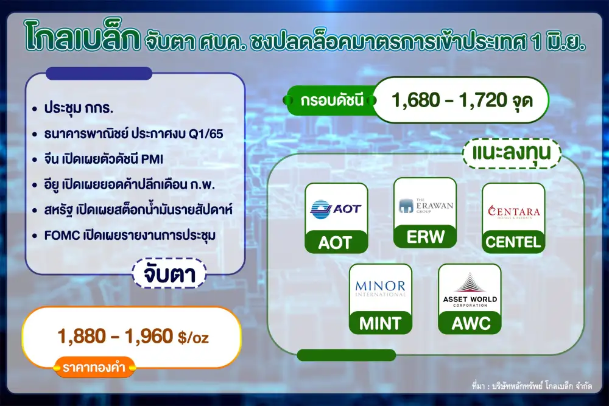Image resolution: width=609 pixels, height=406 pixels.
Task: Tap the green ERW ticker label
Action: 425,236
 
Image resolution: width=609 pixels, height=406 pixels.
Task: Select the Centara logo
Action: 514,212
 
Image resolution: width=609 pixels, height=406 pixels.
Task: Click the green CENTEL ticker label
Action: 513,242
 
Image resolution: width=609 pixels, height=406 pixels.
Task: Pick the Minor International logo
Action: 380,289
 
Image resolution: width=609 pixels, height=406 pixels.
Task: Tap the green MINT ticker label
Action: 380,323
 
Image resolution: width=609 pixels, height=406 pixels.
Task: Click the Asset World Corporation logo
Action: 470,290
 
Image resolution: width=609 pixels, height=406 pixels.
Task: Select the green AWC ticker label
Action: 470,323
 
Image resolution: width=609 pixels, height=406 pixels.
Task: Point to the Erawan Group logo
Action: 426,205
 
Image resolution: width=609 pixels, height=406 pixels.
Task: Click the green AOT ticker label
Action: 336,242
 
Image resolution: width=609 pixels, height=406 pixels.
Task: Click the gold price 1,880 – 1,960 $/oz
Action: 133,336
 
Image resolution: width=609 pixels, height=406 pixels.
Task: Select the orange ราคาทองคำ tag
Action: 94,367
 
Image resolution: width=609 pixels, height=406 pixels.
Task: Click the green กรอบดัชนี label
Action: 332,100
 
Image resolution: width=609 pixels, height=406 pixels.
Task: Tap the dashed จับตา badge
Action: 169,274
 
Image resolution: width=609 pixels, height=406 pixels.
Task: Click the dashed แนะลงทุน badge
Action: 512,153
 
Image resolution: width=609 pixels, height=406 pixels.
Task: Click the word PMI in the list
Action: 152,159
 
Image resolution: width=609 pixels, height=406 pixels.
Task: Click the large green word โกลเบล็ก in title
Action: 82,38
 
